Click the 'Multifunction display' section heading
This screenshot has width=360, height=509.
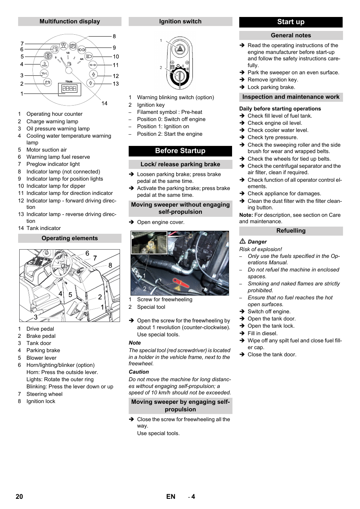coord(70,21)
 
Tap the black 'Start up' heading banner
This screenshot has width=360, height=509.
coord(291,22)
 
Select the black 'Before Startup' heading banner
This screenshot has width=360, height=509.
coord(180,151)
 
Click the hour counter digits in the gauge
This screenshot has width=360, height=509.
coord(69,89)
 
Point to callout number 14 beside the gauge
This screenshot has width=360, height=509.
coord(105,103)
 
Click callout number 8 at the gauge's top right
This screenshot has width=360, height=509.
coord(114,37)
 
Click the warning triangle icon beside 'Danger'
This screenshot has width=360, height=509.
coord(243,241)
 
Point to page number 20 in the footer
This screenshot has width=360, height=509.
coord(19,497)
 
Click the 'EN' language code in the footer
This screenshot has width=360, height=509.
coord(171,497)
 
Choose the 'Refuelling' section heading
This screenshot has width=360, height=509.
coord(291,231)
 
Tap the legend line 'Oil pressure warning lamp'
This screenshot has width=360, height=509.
coord(58,129)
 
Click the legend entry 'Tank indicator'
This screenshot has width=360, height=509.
coord(43,228)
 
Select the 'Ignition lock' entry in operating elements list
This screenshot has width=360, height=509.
coord(41,401)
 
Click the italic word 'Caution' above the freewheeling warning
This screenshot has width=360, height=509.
coord(138,372)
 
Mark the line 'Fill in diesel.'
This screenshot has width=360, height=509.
coord(262,333)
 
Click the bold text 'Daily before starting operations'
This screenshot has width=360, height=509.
coord(280,109)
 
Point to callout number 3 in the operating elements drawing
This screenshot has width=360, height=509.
coord(36,317)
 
